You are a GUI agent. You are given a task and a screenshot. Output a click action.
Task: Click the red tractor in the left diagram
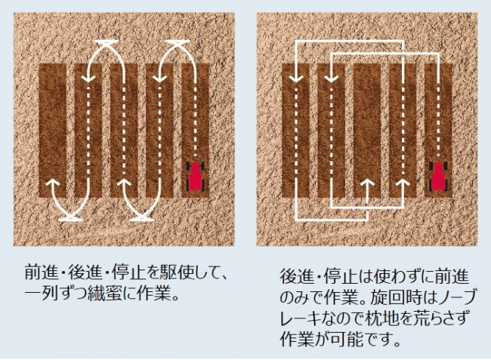tap(196, 176)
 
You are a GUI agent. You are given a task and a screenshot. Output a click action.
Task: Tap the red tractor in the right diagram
tap(439, 176)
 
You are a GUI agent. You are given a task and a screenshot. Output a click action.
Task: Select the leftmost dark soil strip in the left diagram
tap(52, 131)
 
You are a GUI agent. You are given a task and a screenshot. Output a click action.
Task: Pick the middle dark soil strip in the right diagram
tap(367, 131)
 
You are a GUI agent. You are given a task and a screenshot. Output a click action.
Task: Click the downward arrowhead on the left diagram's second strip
tap(89, 78)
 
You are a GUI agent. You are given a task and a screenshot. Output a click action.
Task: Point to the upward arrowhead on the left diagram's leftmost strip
tap(53, 183)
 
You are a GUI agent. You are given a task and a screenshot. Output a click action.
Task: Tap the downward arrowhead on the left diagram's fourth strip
tap(159, 78)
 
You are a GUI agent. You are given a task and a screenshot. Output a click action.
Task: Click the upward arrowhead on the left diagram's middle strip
tap(125, 183)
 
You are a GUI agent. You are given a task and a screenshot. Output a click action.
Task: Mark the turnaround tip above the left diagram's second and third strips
tap(107, 42)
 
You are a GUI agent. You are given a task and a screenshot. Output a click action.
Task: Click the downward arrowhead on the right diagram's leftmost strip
tap(296, 78)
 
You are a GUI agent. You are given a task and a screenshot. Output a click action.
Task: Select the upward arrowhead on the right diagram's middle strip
tap(367, 184)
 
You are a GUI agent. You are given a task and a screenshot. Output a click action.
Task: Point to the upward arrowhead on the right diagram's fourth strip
tap(403, 184)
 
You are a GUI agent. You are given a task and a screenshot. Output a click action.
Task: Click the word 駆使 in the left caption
tap(177, 272)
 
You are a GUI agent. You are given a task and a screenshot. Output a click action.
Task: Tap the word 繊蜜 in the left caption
tap(105, 294)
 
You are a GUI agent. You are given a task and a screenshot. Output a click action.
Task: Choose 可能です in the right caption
tap(367, 339)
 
